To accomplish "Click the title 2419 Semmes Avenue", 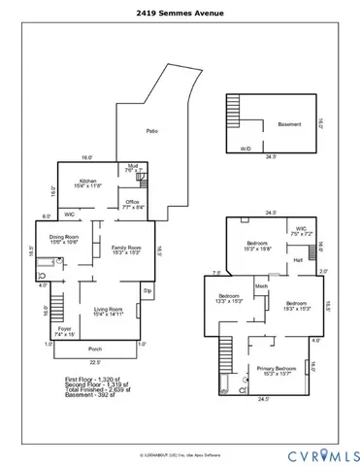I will coord(180,14).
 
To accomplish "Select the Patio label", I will coord(151,130).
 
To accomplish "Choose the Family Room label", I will coord(126,250).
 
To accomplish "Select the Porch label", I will coord(95,349).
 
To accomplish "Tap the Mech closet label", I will coord(261,286).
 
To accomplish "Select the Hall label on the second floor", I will coord(299,260).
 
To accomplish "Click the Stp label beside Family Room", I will coord(147,288).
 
